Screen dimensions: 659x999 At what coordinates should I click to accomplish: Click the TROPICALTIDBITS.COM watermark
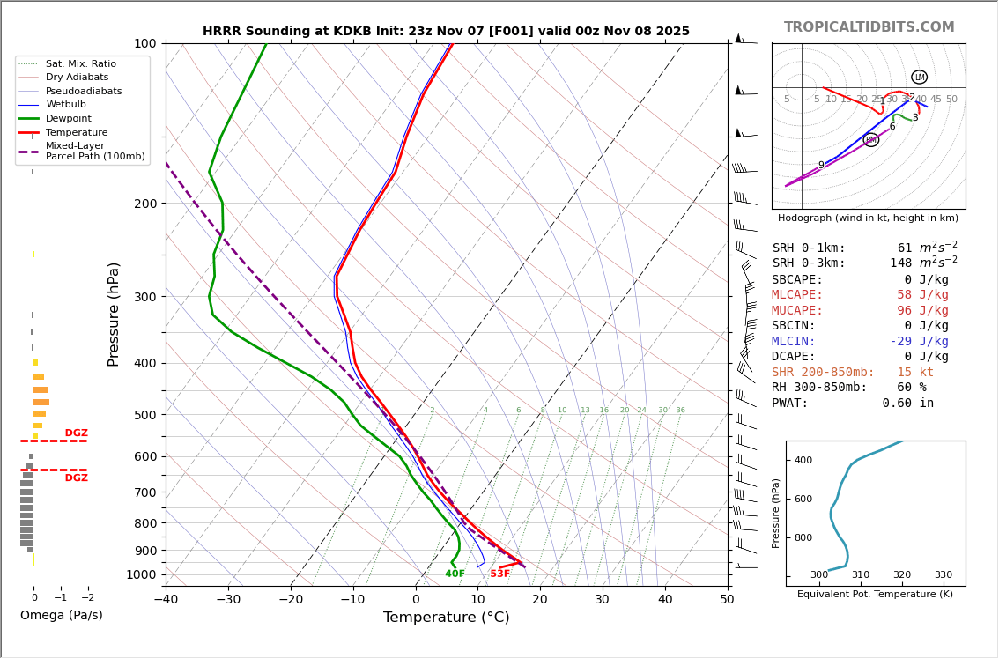pos(869,27)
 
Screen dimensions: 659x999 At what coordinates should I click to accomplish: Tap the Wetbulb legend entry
pos(66,104)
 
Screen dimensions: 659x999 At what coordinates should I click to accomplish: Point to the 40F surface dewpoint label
pos(455,574)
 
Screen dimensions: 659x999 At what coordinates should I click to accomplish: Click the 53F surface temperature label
pos(499,574)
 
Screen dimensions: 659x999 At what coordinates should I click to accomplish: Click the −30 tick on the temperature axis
pos(228,600)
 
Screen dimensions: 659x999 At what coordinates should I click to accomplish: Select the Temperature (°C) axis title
pos(446,618)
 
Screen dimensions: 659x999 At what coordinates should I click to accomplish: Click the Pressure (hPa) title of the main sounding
pos(114,314)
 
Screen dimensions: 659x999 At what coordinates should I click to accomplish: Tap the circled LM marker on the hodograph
pos(919,78)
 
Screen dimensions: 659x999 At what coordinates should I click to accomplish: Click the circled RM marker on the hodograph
pos(870,140)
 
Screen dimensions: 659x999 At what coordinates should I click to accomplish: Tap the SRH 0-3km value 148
pos(900,263)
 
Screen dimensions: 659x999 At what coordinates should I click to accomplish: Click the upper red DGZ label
pos(76,433)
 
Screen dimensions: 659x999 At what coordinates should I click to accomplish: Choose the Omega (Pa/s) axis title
pos(61,616)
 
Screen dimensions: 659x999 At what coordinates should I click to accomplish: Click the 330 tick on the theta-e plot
pos(943,575)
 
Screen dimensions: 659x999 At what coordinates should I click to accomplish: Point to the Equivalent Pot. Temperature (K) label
pos(875,595)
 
